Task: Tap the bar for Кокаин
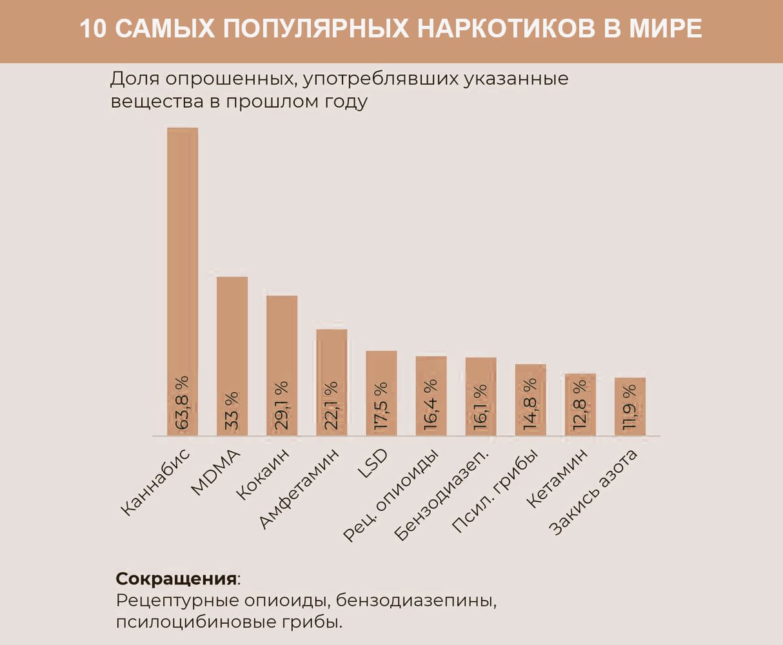282,335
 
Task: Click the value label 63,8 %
183,402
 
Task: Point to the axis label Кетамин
559,477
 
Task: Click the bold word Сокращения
176,577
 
